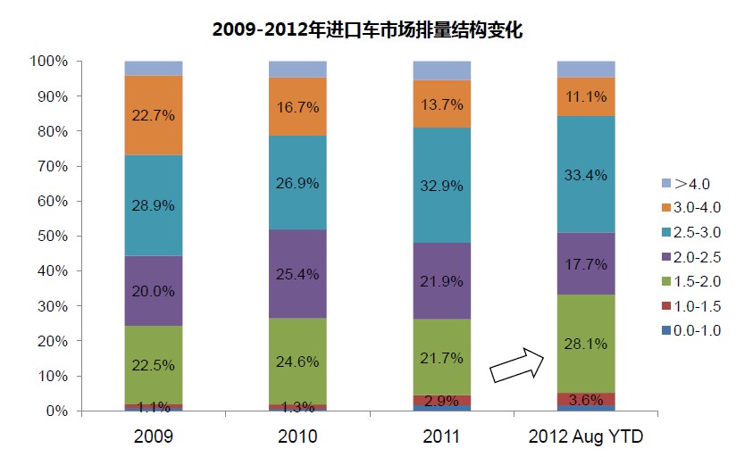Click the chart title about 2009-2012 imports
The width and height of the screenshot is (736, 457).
pos(367,29)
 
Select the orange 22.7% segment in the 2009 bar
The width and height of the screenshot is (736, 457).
pos(154,114)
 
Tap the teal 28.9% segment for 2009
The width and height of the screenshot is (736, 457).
pos(154,205)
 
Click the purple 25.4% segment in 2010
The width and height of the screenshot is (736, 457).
pos(298,274)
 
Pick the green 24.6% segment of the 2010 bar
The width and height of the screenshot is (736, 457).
pos(298,361)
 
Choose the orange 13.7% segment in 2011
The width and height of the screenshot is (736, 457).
pos(442,104)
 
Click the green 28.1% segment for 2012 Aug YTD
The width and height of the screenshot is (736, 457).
pos(586,344)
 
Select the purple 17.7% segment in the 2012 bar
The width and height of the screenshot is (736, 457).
pos(586,263)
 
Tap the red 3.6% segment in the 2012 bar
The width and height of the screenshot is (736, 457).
pos(586,399)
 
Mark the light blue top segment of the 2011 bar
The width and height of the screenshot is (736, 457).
pos(442,71)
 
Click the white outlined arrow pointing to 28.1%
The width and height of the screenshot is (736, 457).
pos(518,363)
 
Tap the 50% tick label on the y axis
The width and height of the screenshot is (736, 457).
pos(50,237)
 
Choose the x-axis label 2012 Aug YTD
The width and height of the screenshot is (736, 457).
pos(586,437)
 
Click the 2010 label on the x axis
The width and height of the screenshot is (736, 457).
pos(298,437)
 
